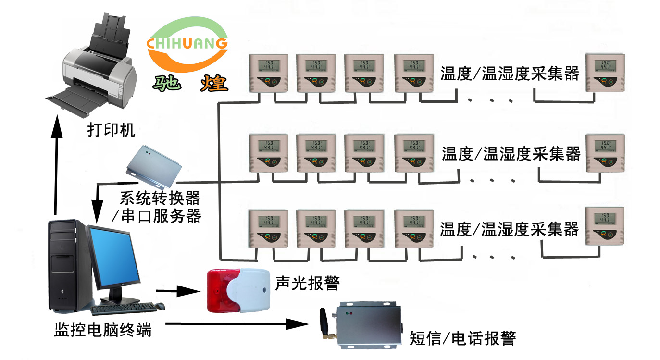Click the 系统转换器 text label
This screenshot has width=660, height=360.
pos(160,198)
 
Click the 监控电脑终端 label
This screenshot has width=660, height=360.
pos(102,330)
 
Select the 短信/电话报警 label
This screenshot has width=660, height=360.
pos(462,338)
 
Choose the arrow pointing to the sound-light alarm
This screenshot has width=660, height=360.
pos(177,290)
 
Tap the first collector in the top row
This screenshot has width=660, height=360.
pos(268,73)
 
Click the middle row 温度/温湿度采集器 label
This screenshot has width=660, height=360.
pos(511,154)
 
